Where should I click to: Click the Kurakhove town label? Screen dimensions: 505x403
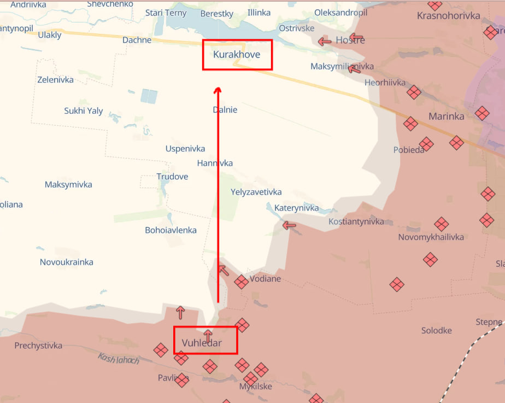[237, 55]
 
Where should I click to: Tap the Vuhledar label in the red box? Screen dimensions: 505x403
[202, 343]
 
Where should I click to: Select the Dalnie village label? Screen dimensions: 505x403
[225, 110]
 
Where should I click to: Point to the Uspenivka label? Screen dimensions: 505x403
[185, 149]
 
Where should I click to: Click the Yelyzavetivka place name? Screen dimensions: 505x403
[256, 192]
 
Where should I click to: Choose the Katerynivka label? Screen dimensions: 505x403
[296, 208]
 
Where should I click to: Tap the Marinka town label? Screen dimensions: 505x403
[447, 116]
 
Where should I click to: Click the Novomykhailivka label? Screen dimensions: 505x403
[431, 237]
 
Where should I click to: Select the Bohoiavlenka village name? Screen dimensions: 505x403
[171, 230]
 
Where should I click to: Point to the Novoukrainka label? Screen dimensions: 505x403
[67, 262]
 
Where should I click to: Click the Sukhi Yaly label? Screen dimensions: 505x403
[84, 111]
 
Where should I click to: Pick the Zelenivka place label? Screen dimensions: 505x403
[55, 80]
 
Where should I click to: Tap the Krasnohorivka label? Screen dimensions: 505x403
[448, 16]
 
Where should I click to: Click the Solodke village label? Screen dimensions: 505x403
[437, 331]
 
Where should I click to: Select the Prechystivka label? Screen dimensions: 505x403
[38, 346]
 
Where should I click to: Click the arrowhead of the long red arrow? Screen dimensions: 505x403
[218, 90]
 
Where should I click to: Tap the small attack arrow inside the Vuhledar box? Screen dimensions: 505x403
[208, 335]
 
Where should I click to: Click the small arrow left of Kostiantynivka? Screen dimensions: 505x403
[289, 225]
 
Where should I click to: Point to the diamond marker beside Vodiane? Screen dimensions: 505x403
[241, 282]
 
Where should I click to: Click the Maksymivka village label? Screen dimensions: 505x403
[68, 185]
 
